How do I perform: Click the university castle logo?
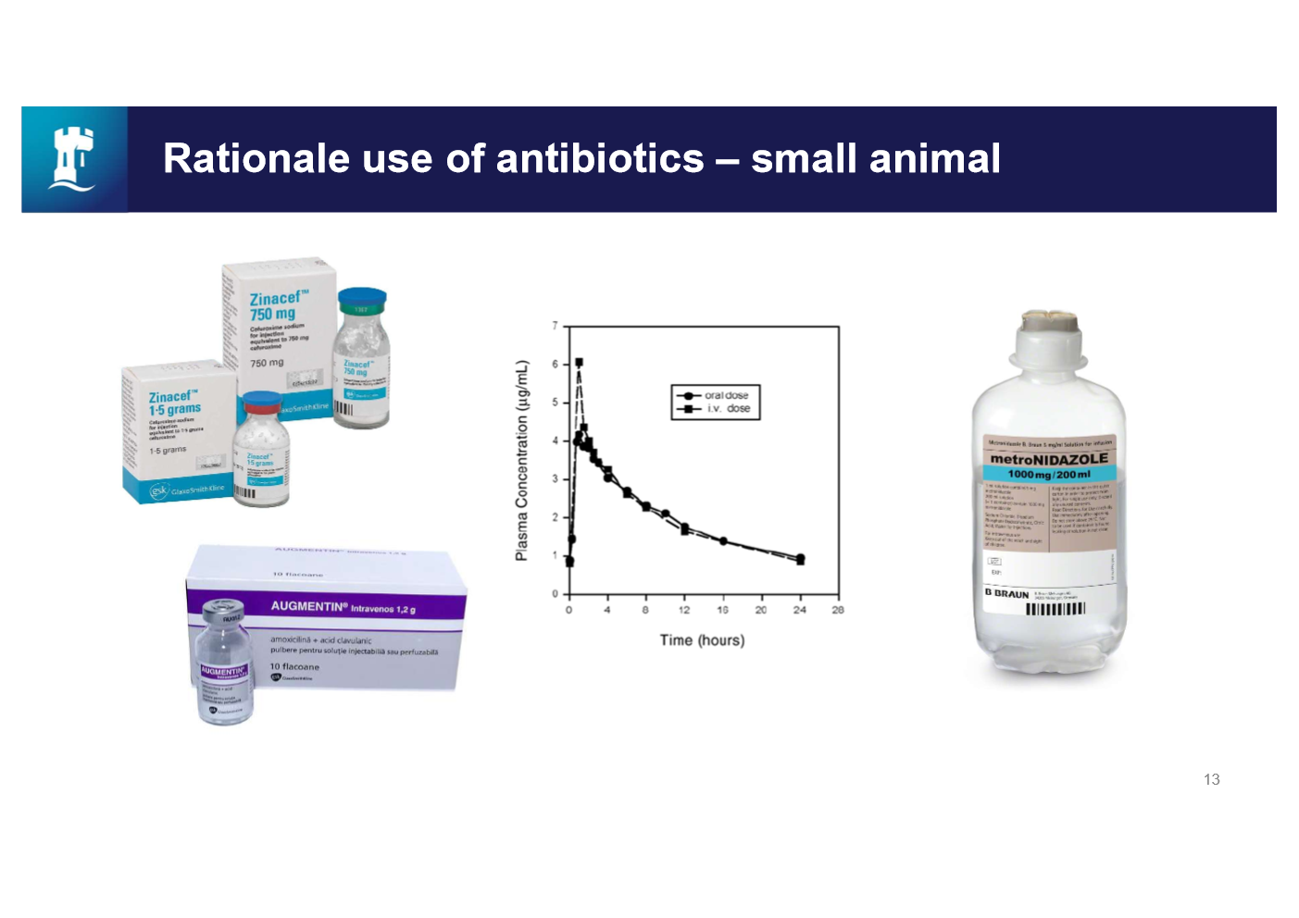pos(74,159)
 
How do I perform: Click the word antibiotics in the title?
pos(600,158)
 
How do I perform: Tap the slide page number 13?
pos(1211,779)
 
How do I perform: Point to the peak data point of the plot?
pos(579,363)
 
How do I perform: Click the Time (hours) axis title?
pos(702,639)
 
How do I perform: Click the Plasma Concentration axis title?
pos(522,460)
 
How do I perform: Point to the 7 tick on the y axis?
pos(556,326)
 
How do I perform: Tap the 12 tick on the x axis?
pos(684,610)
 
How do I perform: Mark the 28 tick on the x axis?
pos(838,610)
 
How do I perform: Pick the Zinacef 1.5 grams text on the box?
pos(174,403)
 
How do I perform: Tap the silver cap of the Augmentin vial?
pos(223,610)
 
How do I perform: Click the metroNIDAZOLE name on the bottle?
pos(1049,459)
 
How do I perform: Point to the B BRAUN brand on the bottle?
pos(1006,593)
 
